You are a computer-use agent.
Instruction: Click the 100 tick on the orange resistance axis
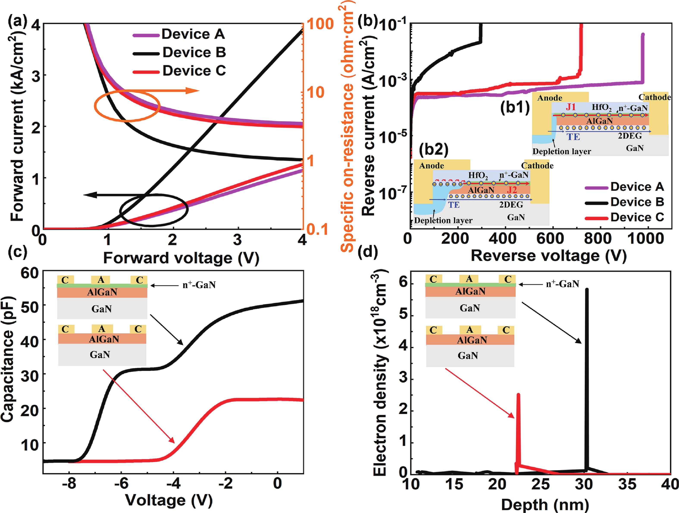tap(320, 24)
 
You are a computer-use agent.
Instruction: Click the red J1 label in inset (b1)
tap(571, 107)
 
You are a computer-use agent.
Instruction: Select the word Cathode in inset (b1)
tap(654, 97)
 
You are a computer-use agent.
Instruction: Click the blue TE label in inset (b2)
tap(454, 205)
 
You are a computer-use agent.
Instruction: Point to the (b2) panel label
tap(433, 149)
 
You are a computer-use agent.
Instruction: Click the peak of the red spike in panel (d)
tap(518, 394)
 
